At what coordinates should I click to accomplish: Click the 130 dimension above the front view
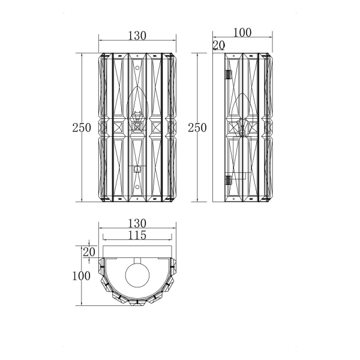pos(137,35)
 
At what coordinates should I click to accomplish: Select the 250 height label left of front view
pos(82,128)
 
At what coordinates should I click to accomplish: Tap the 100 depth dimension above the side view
pos(242,32)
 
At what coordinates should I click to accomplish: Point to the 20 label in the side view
pos(219,45)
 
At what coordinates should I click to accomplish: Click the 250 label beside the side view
pos(197,128)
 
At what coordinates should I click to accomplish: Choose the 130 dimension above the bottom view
pos(137,223)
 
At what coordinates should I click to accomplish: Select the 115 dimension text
pos(137,235)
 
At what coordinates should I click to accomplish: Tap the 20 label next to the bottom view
pos(89,252)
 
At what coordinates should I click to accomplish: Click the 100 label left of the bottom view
pos(81,276)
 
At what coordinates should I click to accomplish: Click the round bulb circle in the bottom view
pos(137,275)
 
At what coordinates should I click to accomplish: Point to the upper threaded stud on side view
pos(229,74)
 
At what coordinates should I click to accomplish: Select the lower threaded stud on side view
pos(229,180)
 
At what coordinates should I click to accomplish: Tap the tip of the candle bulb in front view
pos(137,86)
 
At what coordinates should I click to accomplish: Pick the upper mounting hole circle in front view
pos(137,68)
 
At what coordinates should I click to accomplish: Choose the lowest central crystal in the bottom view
pos(137,302)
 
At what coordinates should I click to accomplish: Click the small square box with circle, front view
pos(137,169)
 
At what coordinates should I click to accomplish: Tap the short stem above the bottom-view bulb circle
pos(137,260)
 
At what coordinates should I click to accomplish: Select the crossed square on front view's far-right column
pos(171,128)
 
